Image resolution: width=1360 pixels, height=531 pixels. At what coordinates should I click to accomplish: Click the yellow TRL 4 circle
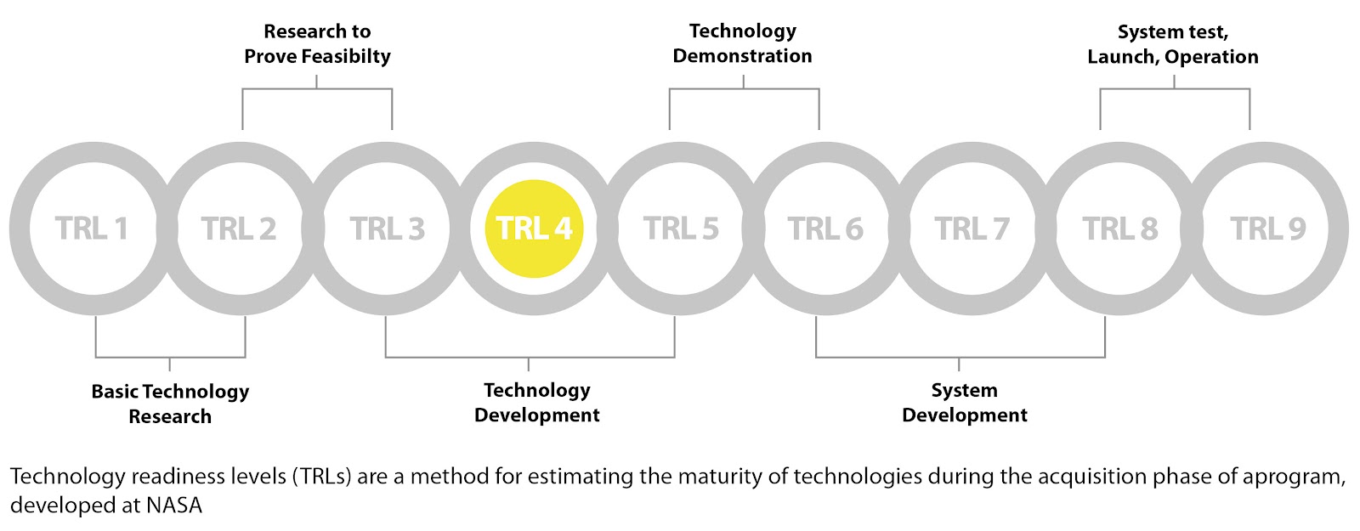click(534, 229)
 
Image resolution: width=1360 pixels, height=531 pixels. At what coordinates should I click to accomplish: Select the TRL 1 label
click(92, 229)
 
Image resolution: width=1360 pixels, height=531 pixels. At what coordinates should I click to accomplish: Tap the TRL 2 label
click(239, 229)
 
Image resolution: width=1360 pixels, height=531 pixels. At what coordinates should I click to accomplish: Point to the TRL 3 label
click(387, 229)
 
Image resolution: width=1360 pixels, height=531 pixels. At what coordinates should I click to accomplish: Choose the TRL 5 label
click(681, 229)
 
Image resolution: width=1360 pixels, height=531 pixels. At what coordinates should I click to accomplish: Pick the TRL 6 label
click(825, 229)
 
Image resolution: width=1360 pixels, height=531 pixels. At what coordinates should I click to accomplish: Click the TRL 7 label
click(972, 229)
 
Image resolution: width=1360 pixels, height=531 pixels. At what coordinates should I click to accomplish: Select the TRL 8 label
click(1120, 229)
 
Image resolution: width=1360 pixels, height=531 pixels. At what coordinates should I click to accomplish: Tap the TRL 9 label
click(1267, 229)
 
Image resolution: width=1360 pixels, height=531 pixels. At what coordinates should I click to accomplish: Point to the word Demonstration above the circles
click(742, 56)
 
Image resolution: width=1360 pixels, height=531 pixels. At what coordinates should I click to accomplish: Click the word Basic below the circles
click(116, 392)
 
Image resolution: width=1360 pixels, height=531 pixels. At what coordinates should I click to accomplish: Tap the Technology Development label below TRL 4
click(536, 403)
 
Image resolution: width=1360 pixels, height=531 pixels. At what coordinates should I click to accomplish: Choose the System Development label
click(964, 403)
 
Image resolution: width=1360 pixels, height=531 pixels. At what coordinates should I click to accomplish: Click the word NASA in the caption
click(174, 505)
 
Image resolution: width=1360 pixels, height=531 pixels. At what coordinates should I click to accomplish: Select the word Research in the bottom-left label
click(170, 417)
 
